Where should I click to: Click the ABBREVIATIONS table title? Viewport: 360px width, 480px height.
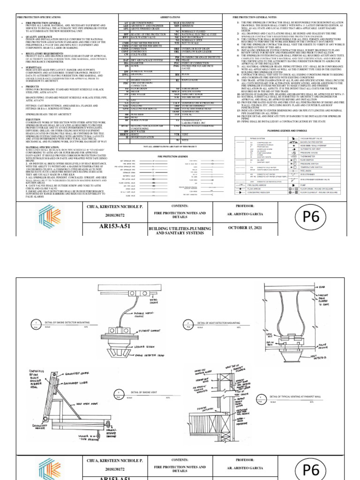point(173,16)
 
